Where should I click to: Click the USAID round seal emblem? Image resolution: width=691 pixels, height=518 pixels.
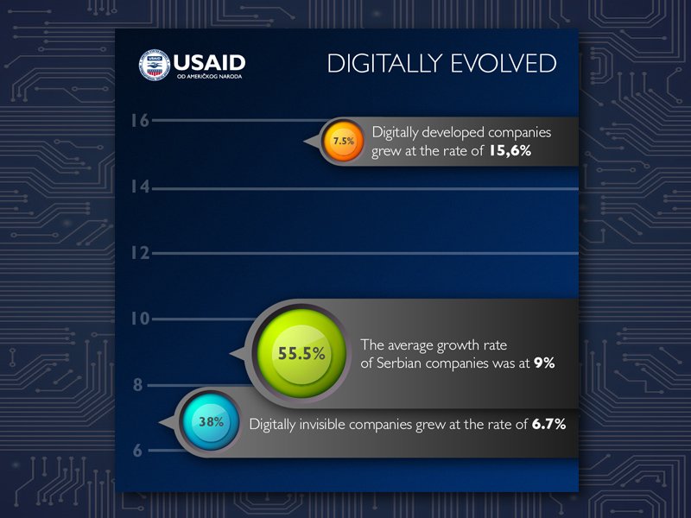point(155,65)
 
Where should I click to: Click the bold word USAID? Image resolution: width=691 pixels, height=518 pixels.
point(209,63)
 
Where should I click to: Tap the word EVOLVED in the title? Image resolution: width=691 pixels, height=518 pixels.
point(504,63)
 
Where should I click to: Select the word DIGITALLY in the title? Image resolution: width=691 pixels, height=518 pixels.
point(384,63)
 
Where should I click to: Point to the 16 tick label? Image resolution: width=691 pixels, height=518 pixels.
point(140,121)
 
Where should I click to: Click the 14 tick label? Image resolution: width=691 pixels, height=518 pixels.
point(140,186)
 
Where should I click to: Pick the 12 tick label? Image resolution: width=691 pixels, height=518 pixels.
point(140,253)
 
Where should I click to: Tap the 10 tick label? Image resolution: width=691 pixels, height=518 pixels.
point(140,319)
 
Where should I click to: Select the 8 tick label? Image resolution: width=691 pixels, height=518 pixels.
point(138,385)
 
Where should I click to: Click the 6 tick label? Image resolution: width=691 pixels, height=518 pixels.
point(137,451)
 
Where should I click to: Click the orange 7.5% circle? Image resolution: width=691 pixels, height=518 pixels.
point(343,142)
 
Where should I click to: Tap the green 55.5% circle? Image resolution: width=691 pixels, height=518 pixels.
point(301,353)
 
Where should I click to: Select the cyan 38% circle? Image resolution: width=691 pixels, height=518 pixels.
point(211,422)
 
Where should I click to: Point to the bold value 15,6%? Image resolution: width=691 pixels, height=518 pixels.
point(510,151)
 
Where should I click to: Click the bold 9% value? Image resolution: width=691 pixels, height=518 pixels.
point(544,363)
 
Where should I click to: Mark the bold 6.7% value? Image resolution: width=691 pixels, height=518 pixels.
point(548,424)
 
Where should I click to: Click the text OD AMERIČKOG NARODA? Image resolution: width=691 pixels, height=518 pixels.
point(209,77)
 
